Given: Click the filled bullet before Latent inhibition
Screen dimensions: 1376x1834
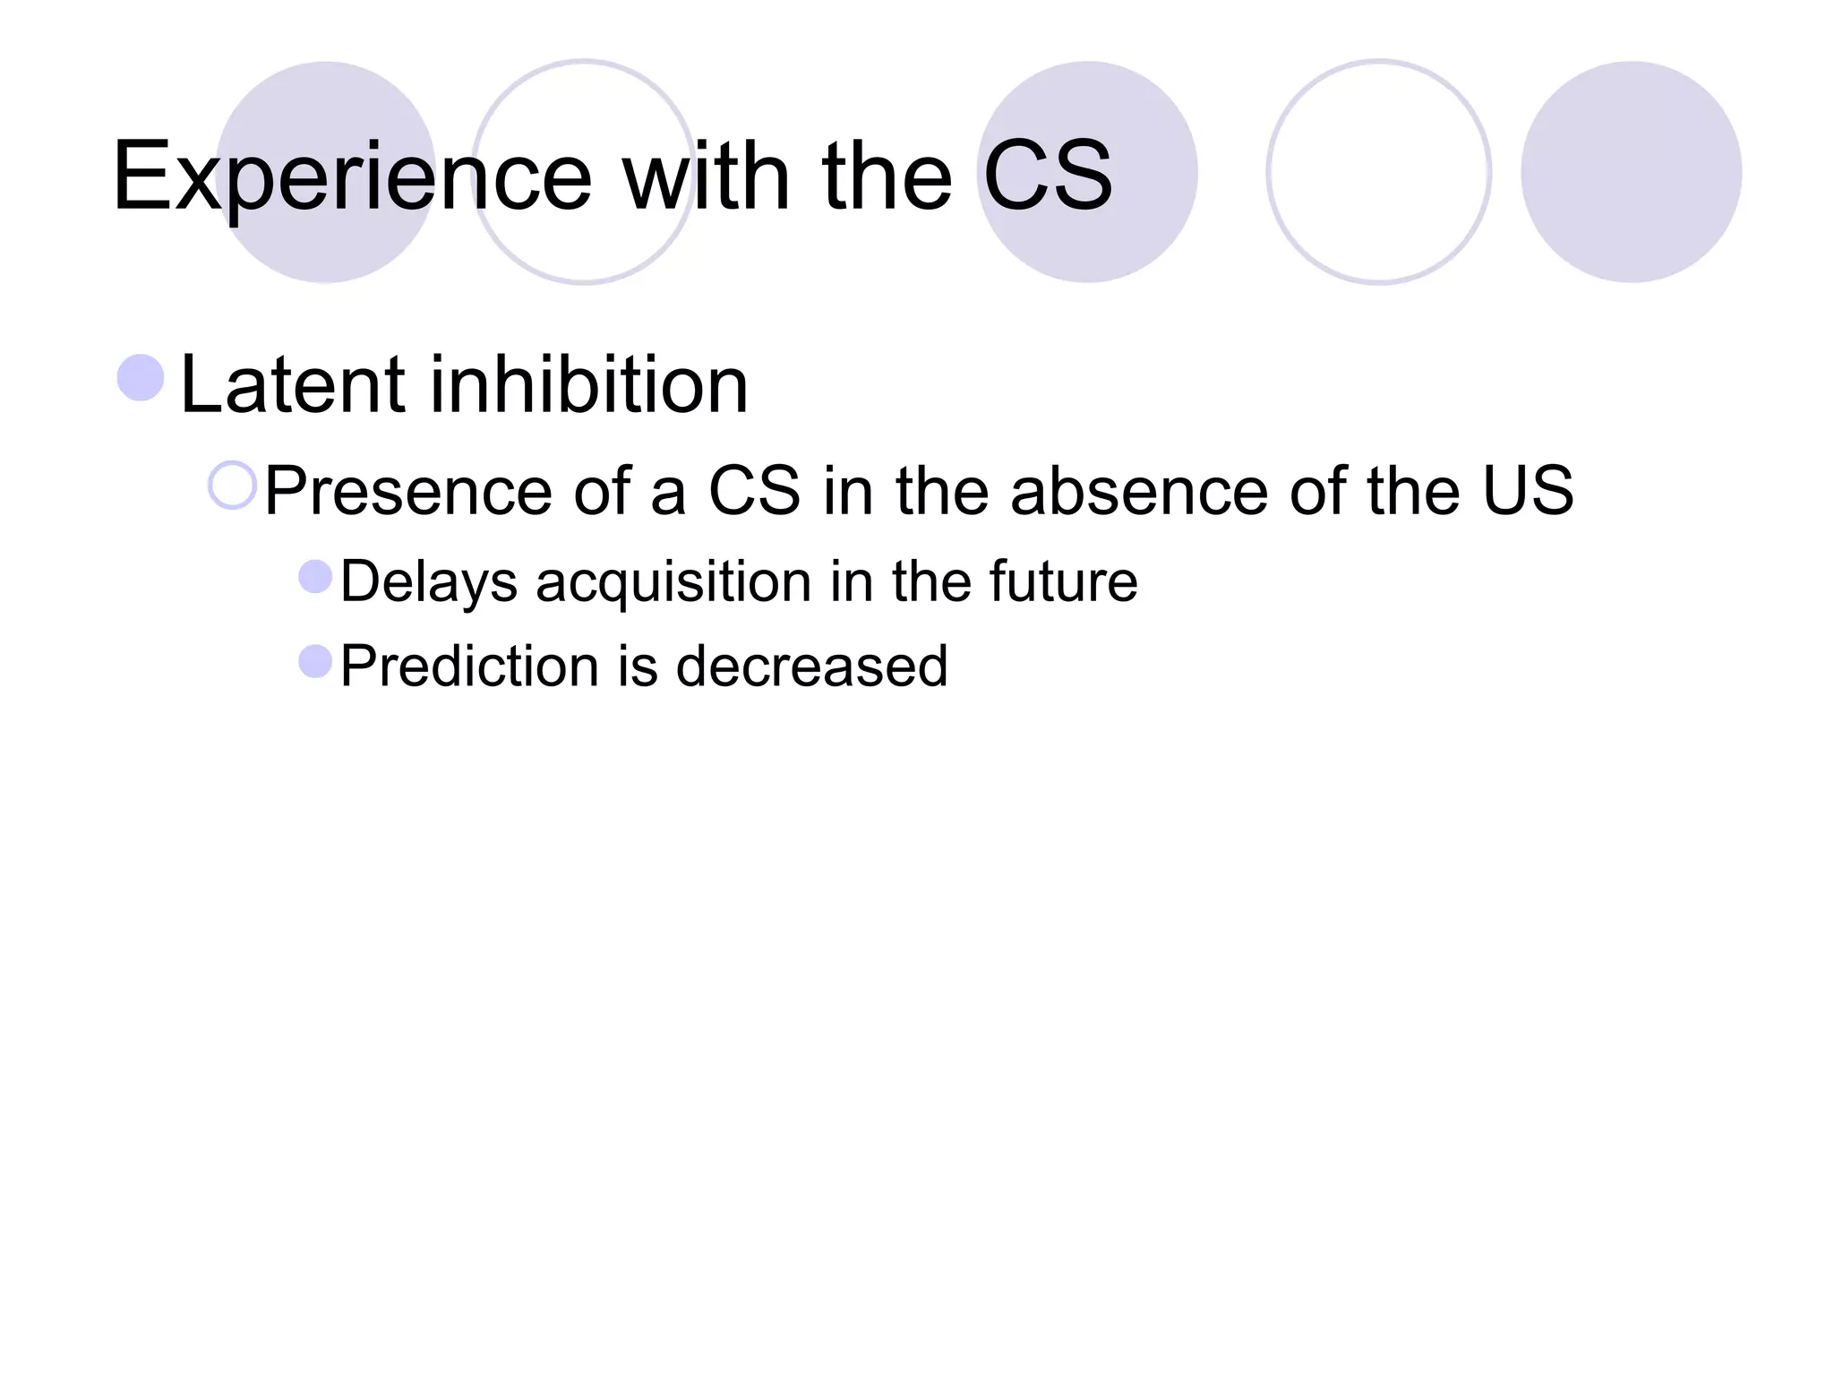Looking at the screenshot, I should coord(141,377).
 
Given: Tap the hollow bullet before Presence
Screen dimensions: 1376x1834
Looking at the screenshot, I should coord(233,486).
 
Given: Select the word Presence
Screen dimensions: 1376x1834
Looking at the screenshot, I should coord(407,491).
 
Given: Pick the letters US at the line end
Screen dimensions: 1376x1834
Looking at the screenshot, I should coord(1528,490).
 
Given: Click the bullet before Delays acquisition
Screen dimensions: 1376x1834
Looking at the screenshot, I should coord(315,577).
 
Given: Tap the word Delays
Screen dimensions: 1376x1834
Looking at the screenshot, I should coord(429,582).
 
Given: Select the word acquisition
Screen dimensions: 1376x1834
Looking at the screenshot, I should coord(673,582).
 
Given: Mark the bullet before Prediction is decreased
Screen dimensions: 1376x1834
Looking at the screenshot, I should coord(315,662).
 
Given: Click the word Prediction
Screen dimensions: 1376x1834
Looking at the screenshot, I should coord(468,666).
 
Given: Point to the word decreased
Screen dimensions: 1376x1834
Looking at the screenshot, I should coord(811,666).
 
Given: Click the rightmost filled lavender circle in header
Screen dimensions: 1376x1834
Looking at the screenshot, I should coord(1631,172).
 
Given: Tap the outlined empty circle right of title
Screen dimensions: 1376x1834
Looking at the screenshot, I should coord(1378,172).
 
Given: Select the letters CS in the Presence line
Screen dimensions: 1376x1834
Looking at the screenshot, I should coord(754,490).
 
